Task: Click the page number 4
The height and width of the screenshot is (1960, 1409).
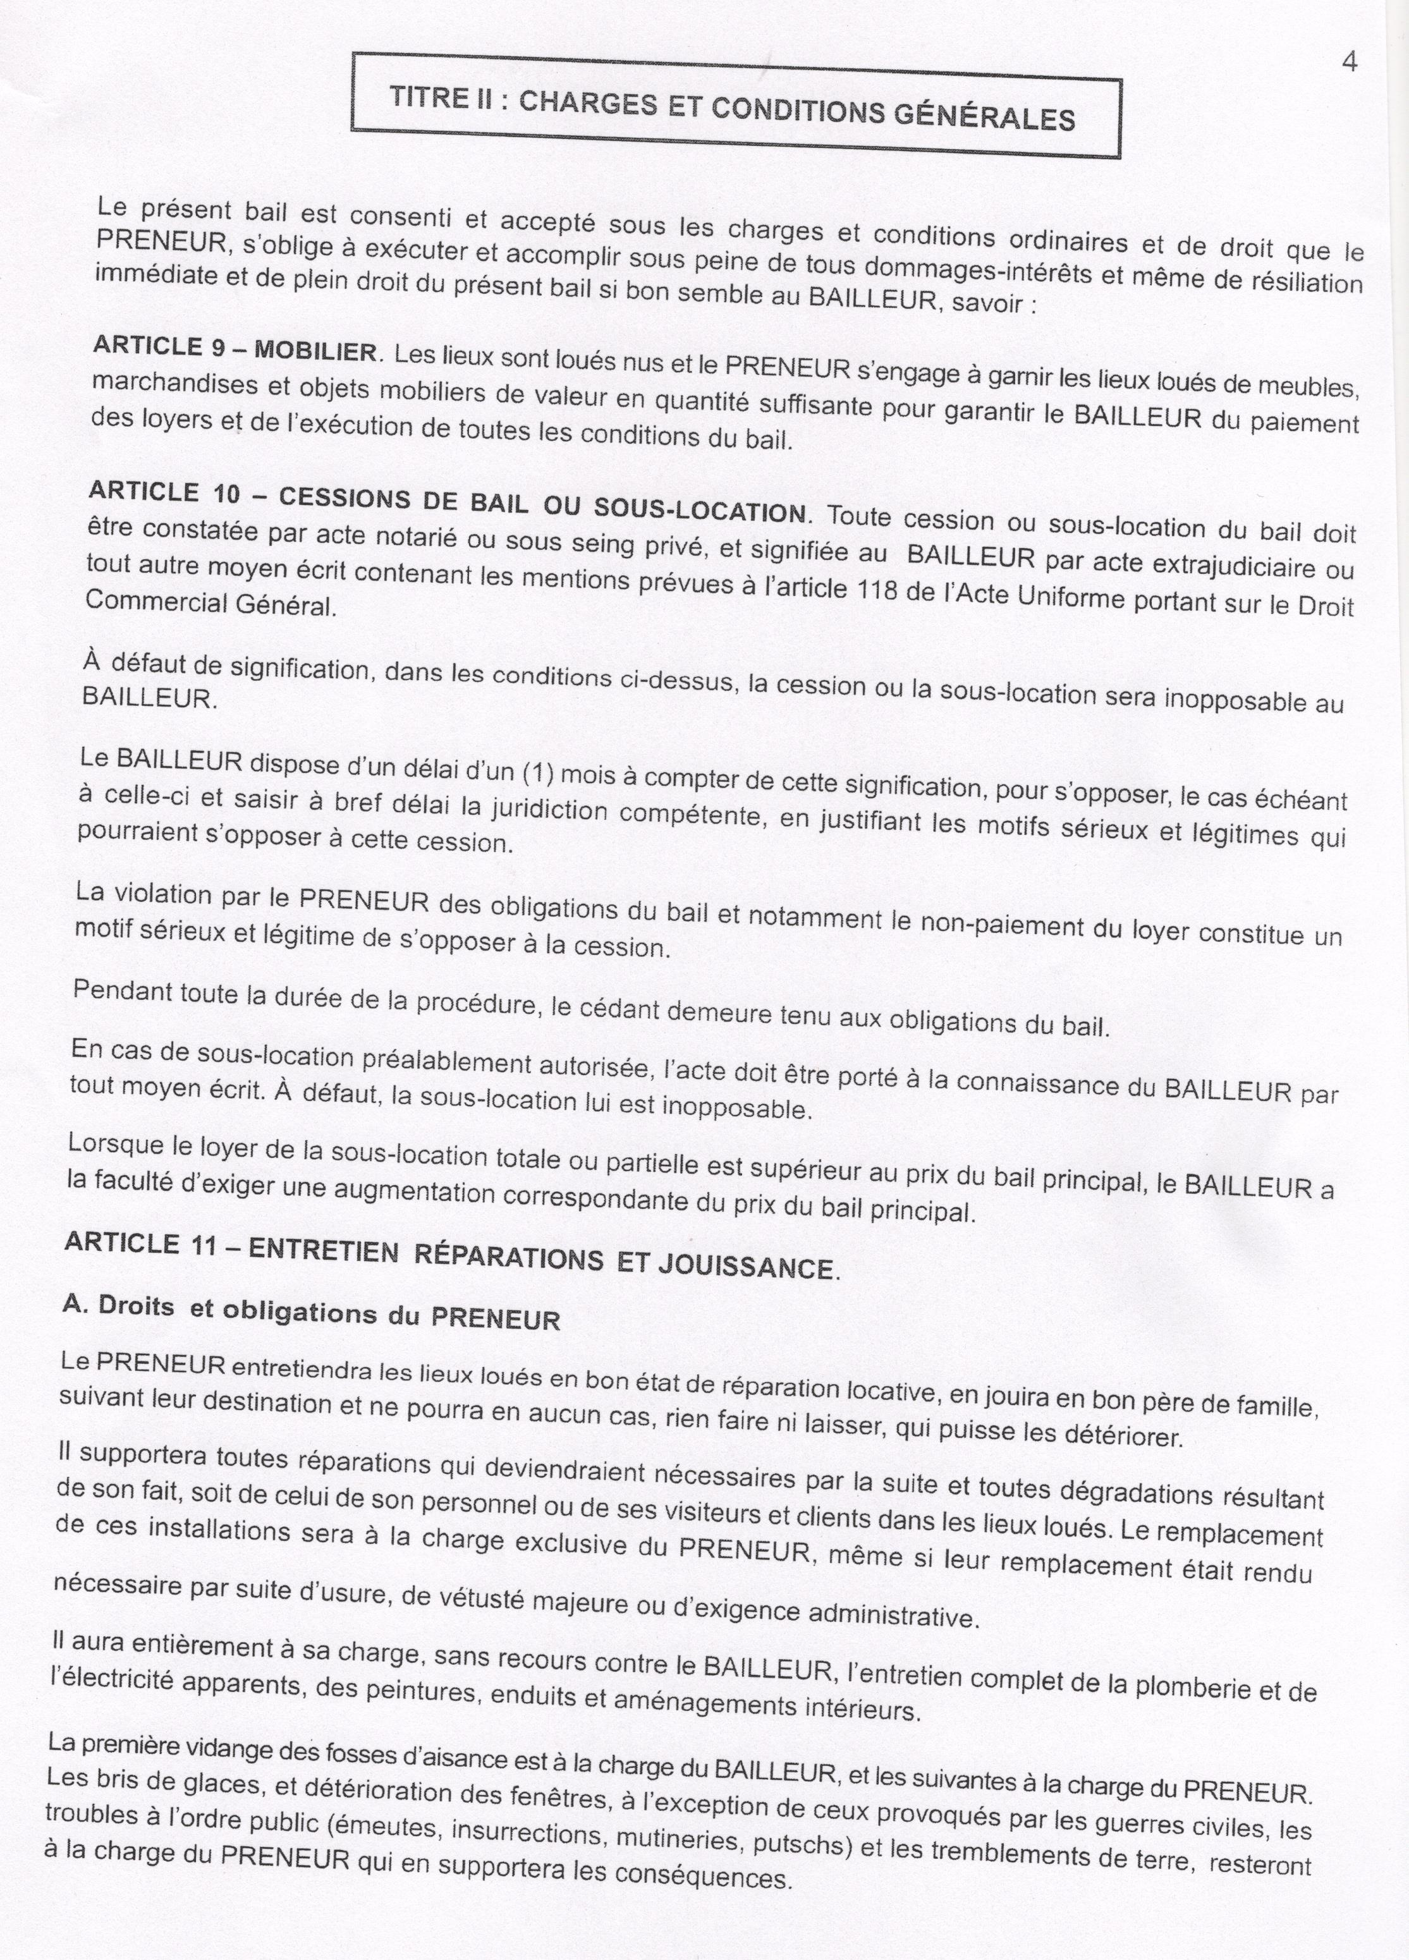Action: [1350, 62]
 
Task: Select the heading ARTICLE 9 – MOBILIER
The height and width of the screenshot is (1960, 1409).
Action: [235, 348]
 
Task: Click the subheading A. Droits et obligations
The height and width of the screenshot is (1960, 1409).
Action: [311, 1313]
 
